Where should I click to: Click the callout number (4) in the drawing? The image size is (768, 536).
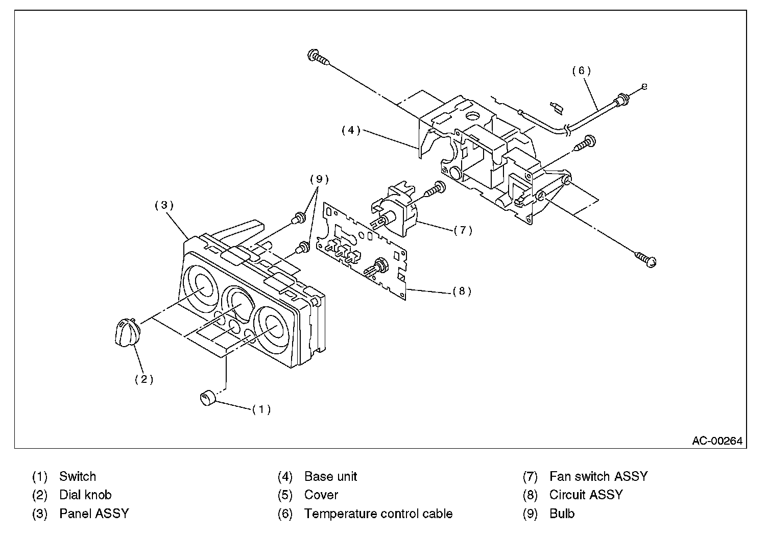click(351, 130)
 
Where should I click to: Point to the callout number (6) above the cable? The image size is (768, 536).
click(581, 71)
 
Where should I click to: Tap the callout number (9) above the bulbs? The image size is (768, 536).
click(319, 179)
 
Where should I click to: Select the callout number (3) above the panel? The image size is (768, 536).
click(164, 205)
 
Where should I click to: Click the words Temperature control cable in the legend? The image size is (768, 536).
click(378, 514)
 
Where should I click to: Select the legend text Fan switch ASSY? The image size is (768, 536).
click(598, 477)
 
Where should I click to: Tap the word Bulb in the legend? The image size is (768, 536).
click(562, 514)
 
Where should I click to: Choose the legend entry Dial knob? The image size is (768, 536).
click(85, 495)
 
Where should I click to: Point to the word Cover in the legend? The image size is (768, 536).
click(321, 495)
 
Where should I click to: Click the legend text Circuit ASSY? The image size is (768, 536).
click(586, 495)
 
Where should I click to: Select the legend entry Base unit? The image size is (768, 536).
click(330, 477)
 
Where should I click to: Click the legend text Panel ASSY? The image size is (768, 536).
click(94, 514)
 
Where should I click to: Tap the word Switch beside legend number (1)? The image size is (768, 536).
click(78, 477)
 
